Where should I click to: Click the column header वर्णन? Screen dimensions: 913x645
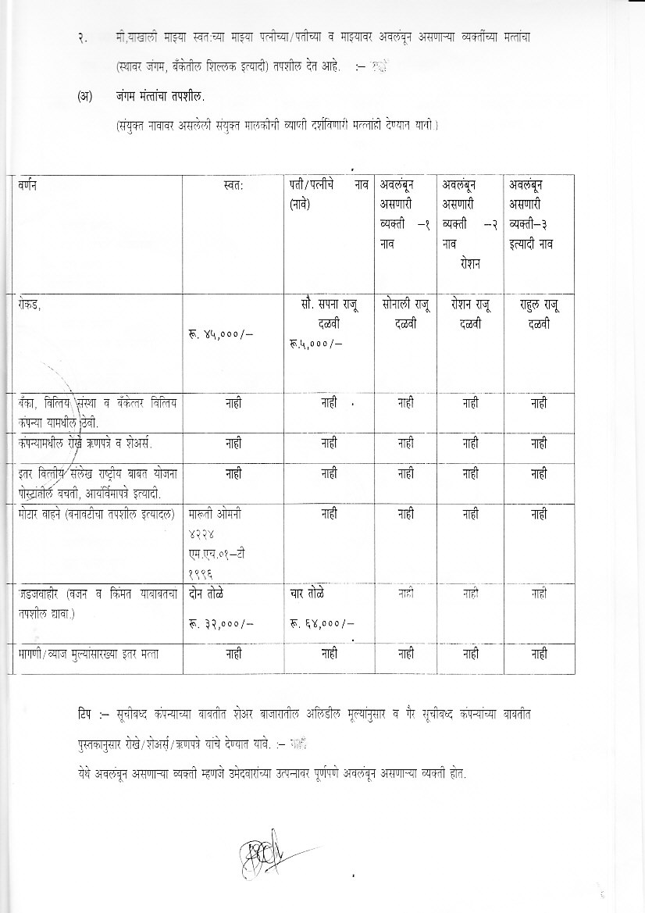pyautogui.click(x=29, y=186)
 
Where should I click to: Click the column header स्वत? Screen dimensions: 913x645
pyautogui.click(x=233, y=186)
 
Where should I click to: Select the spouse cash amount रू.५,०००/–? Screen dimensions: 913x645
pyautogui.click(x=316, y=342)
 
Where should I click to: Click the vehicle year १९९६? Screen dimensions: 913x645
pyautogui.click(x=200, y=572)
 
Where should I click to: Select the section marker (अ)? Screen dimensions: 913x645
pyautogui.click(x=85, y=97)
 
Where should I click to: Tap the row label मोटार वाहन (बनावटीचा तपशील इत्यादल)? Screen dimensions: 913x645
pyautogui.click(x=98, y=515)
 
